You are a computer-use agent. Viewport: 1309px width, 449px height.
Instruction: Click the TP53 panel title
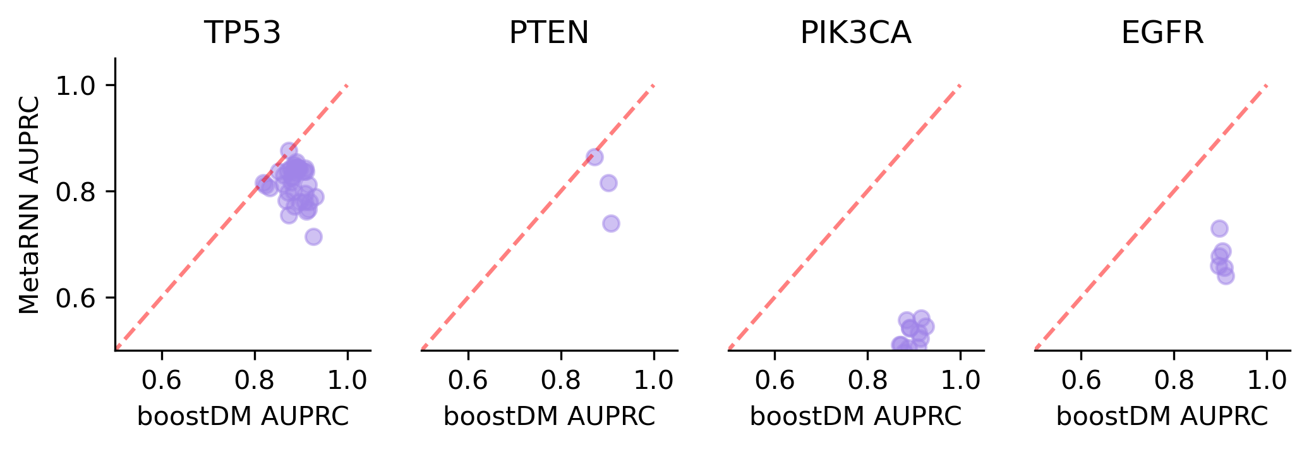242,33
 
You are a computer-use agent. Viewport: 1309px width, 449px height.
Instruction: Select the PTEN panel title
548,33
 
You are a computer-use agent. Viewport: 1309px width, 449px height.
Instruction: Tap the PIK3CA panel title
855,33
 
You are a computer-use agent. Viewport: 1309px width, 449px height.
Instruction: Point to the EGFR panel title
1162,33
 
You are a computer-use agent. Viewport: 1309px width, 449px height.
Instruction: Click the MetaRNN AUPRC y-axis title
30,204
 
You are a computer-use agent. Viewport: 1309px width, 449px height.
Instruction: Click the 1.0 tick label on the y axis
76,85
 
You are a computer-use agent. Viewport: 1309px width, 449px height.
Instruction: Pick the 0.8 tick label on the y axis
76,192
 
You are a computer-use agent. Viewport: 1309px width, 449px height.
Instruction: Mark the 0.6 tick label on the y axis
76,298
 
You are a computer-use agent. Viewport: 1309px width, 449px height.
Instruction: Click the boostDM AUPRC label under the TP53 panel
243,417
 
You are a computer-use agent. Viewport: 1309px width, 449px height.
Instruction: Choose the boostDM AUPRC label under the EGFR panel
1162,417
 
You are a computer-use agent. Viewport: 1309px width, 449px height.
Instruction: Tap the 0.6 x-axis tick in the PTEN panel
468,381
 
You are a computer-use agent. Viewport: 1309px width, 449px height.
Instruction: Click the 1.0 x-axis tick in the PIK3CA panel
960,381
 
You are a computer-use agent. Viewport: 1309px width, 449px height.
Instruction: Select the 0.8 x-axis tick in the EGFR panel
1174,381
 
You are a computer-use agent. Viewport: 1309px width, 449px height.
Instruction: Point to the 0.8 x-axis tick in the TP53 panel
255,381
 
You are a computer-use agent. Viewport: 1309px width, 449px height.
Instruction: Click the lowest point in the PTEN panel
611,223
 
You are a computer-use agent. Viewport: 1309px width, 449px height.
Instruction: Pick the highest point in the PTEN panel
594,157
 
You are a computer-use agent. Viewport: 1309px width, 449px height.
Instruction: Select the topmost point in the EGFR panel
1219,228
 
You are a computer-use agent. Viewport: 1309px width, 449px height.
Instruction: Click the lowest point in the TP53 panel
313,237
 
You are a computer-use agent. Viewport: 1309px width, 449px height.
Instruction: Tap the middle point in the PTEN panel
608,183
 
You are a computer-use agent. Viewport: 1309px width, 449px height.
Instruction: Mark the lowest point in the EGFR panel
1226,276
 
